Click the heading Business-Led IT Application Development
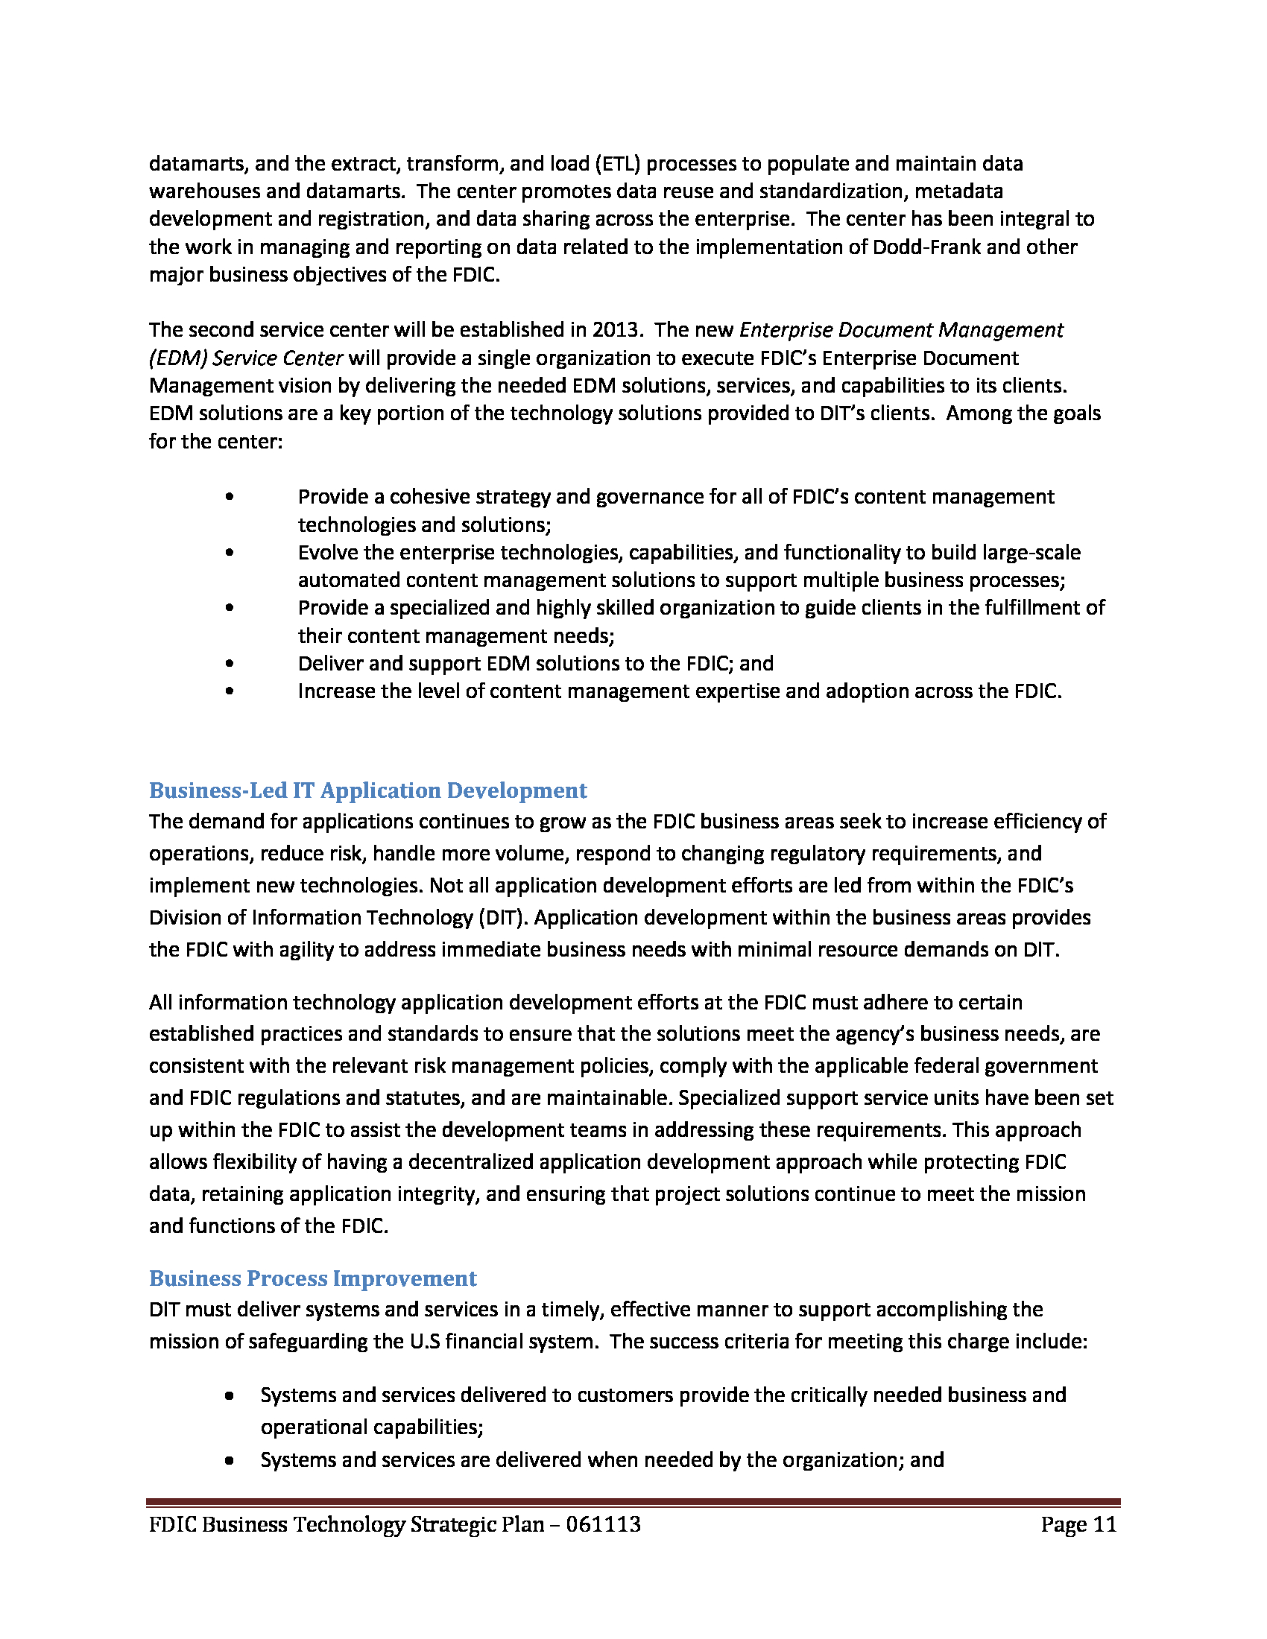tap(367, 790)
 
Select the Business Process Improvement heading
tap(313, 1278)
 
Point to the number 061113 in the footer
tap(604, 1524)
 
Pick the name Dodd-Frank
tap(926, 247)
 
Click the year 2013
tap(616, 330)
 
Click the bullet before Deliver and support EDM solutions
tap(229, 663)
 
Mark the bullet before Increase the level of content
tap(229, 691)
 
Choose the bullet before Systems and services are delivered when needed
tap(229, 1460)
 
